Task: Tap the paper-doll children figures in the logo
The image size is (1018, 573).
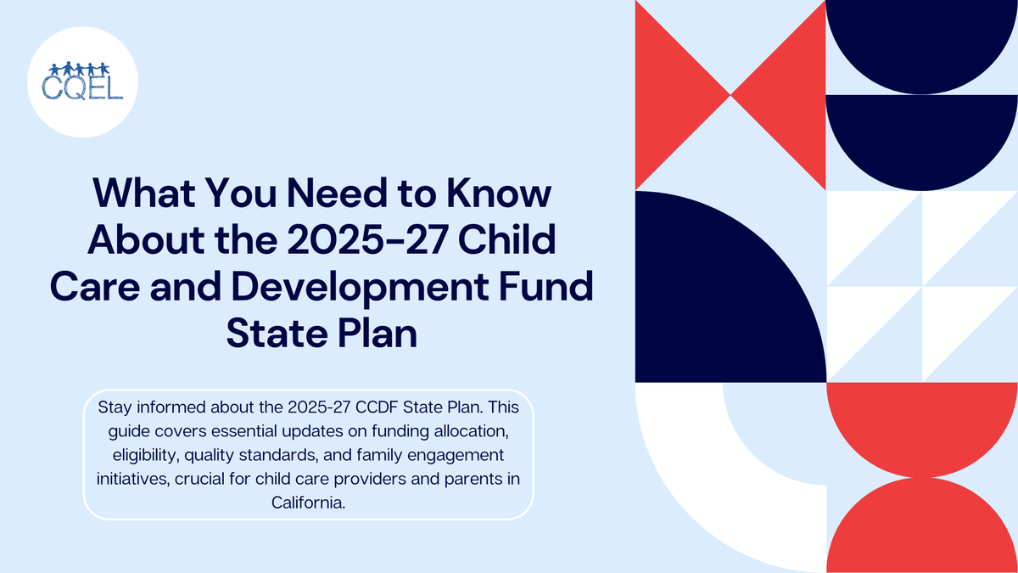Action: point(83,68)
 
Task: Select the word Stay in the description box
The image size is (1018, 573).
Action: point(115,408)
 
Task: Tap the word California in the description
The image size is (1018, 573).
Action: point(309,503)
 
